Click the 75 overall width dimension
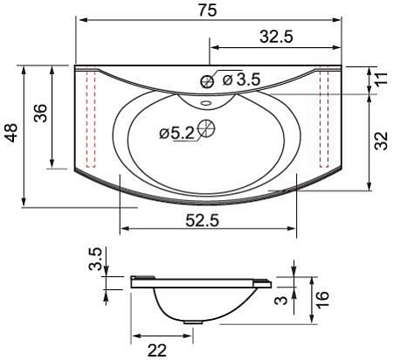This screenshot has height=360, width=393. (x=208, y=10)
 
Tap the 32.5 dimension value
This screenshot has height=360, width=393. (x=276, y=37)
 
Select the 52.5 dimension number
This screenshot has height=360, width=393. (x=202, y=220)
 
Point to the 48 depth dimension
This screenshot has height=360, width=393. (x=12, y=133)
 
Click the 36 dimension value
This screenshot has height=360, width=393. (x=40, y=113)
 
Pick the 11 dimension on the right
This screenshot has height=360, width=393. (x=382, y=78)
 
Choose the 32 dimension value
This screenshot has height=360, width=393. (x=382, y=141)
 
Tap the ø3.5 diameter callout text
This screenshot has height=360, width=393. (x=241, y=80)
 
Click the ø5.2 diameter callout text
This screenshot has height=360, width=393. (x=177, y=134)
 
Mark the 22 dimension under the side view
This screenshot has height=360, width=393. (x=157, y=350)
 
